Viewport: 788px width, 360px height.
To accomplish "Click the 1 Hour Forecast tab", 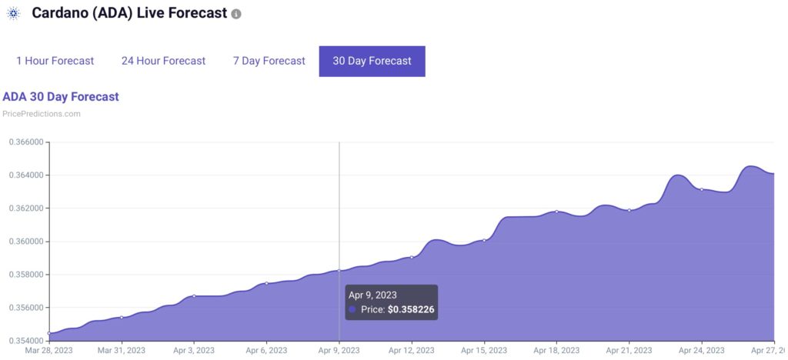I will (55, 61).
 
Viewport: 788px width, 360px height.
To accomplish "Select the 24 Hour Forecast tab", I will (163, 61).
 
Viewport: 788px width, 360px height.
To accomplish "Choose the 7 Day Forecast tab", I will (269, 61).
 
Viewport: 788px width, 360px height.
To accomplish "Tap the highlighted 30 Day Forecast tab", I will (372, 61).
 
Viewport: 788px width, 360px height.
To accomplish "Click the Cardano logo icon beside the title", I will (13, 14).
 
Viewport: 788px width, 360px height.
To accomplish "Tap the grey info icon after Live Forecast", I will (236, 15).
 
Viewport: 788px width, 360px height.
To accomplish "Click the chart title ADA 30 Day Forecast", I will (61, 97).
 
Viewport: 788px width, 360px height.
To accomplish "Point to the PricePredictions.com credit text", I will (42, 114).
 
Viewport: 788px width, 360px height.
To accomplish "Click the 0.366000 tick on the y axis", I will (26, 142).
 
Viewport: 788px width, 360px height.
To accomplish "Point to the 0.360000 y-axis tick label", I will (26, 242).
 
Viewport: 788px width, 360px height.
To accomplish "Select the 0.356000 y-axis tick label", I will (26, 308).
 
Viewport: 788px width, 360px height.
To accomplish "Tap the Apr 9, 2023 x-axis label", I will (339, 351).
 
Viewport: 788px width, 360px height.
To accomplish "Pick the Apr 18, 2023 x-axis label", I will (556, 351).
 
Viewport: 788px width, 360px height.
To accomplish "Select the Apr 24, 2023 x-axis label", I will (701, 351).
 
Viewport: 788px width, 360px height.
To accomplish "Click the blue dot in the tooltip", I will (352, 309).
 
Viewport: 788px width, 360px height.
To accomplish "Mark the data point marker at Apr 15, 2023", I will (484, 240).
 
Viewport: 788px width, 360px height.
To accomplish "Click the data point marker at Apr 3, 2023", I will (194, 295).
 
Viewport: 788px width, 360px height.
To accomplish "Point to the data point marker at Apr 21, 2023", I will (629, 210).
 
